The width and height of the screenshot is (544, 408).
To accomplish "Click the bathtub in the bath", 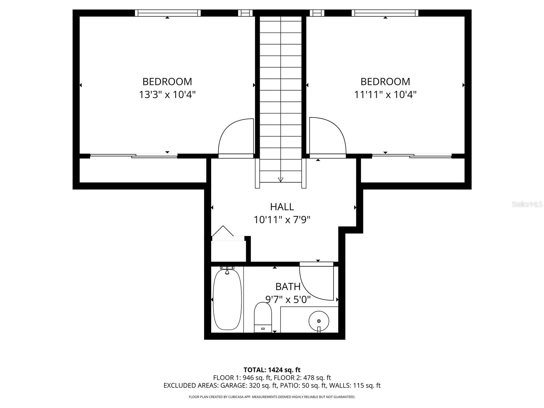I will (227, 299).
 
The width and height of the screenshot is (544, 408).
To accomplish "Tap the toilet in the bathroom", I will (263, 318).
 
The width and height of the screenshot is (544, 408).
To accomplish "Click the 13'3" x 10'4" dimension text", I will (167, 95).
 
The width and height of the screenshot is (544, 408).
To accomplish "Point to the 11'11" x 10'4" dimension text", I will (385, 95).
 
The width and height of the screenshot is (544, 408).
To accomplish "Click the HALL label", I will (282, 207).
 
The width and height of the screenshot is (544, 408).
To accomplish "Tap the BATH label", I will (288, 287).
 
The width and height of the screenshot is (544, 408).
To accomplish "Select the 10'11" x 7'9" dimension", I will (282, 220).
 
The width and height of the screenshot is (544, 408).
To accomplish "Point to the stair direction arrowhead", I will (280, 180).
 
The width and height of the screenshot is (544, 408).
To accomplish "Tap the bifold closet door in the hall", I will (223, 232).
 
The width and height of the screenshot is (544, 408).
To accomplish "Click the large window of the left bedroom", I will (168, 13).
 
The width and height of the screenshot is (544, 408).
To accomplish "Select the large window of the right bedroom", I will (385, 13).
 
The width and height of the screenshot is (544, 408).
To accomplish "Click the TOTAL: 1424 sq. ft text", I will (272, 370).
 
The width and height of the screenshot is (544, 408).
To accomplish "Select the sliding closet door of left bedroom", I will (134, 156).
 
